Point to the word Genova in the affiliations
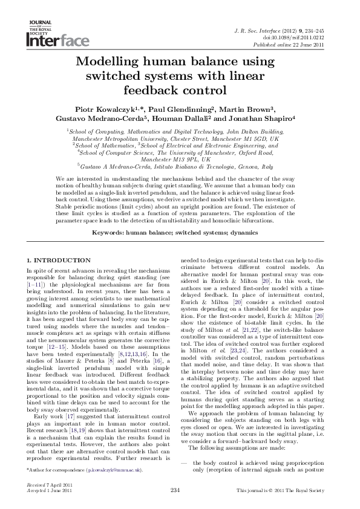tap(241, 166)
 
